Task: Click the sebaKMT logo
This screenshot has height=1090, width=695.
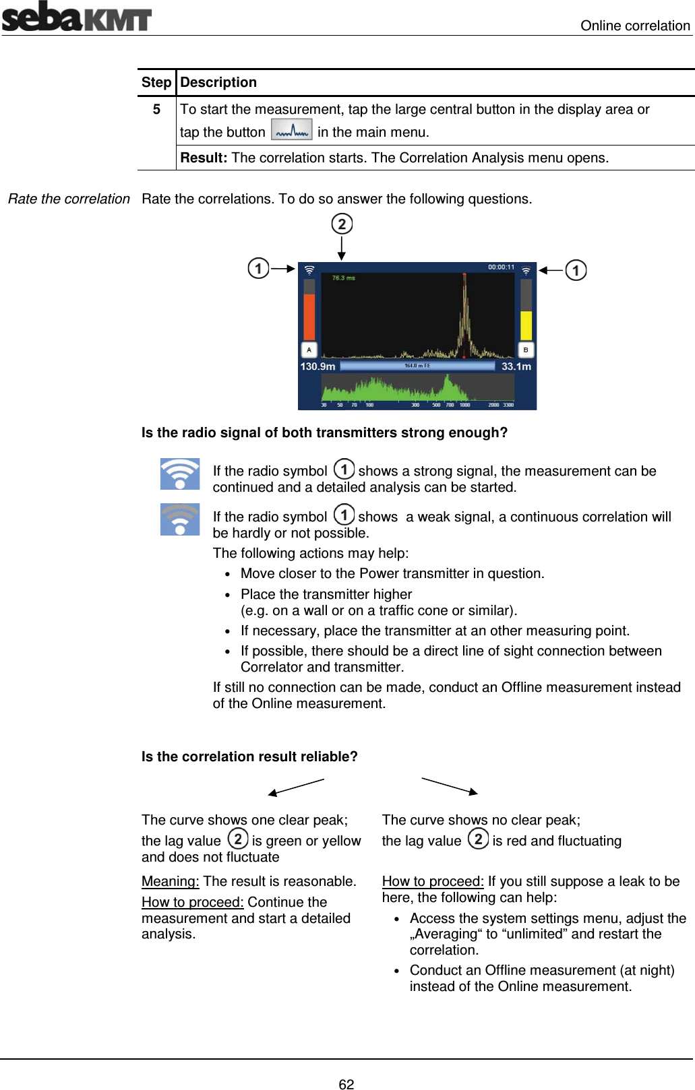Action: [x=76, y=17]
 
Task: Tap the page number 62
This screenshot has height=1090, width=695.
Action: [x=346, y=1084]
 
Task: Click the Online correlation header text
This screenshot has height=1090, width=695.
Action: [x=635, y=26]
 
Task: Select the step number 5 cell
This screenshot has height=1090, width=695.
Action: [x=156, y=109]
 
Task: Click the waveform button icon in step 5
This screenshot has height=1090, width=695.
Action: [x=291, y=130]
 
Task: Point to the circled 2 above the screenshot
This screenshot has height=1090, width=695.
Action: [x=342, y=224]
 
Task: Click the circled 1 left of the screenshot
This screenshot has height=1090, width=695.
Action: [x=258, y=268]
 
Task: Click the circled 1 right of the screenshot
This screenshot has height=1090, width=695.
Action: [x=576, y=270]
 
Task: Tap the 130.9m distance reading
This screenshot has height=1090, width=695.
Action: [x=318, y=366]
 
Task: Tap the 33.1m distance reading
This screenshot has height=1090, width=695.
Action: [x=516, y=366]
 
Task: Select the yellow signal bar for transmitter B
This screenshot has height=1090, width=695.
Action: [x=526, y=325]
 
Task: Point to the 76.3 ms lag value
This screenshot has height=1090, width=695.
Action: [x=343, y=278]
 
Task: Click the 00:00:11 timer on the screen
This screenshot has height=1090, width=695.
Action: [x=501, y=267]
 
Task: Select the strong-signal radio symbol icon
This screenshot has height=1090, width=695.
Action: [x=180, y=474]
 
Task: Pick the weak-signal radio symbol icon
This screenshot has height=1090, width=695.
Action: [x=180, y=519]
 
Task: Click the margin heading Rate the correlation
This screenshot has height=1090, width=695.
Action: [x=69, y=199]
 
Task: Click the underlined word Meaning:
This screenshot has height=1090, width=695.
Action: [x=170, y=881]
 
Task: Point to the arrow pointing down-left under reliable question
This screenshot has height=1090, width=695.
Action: [x=296, y=787]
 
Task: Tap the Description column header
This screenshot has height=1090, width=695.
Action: [x=218, y=82]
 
